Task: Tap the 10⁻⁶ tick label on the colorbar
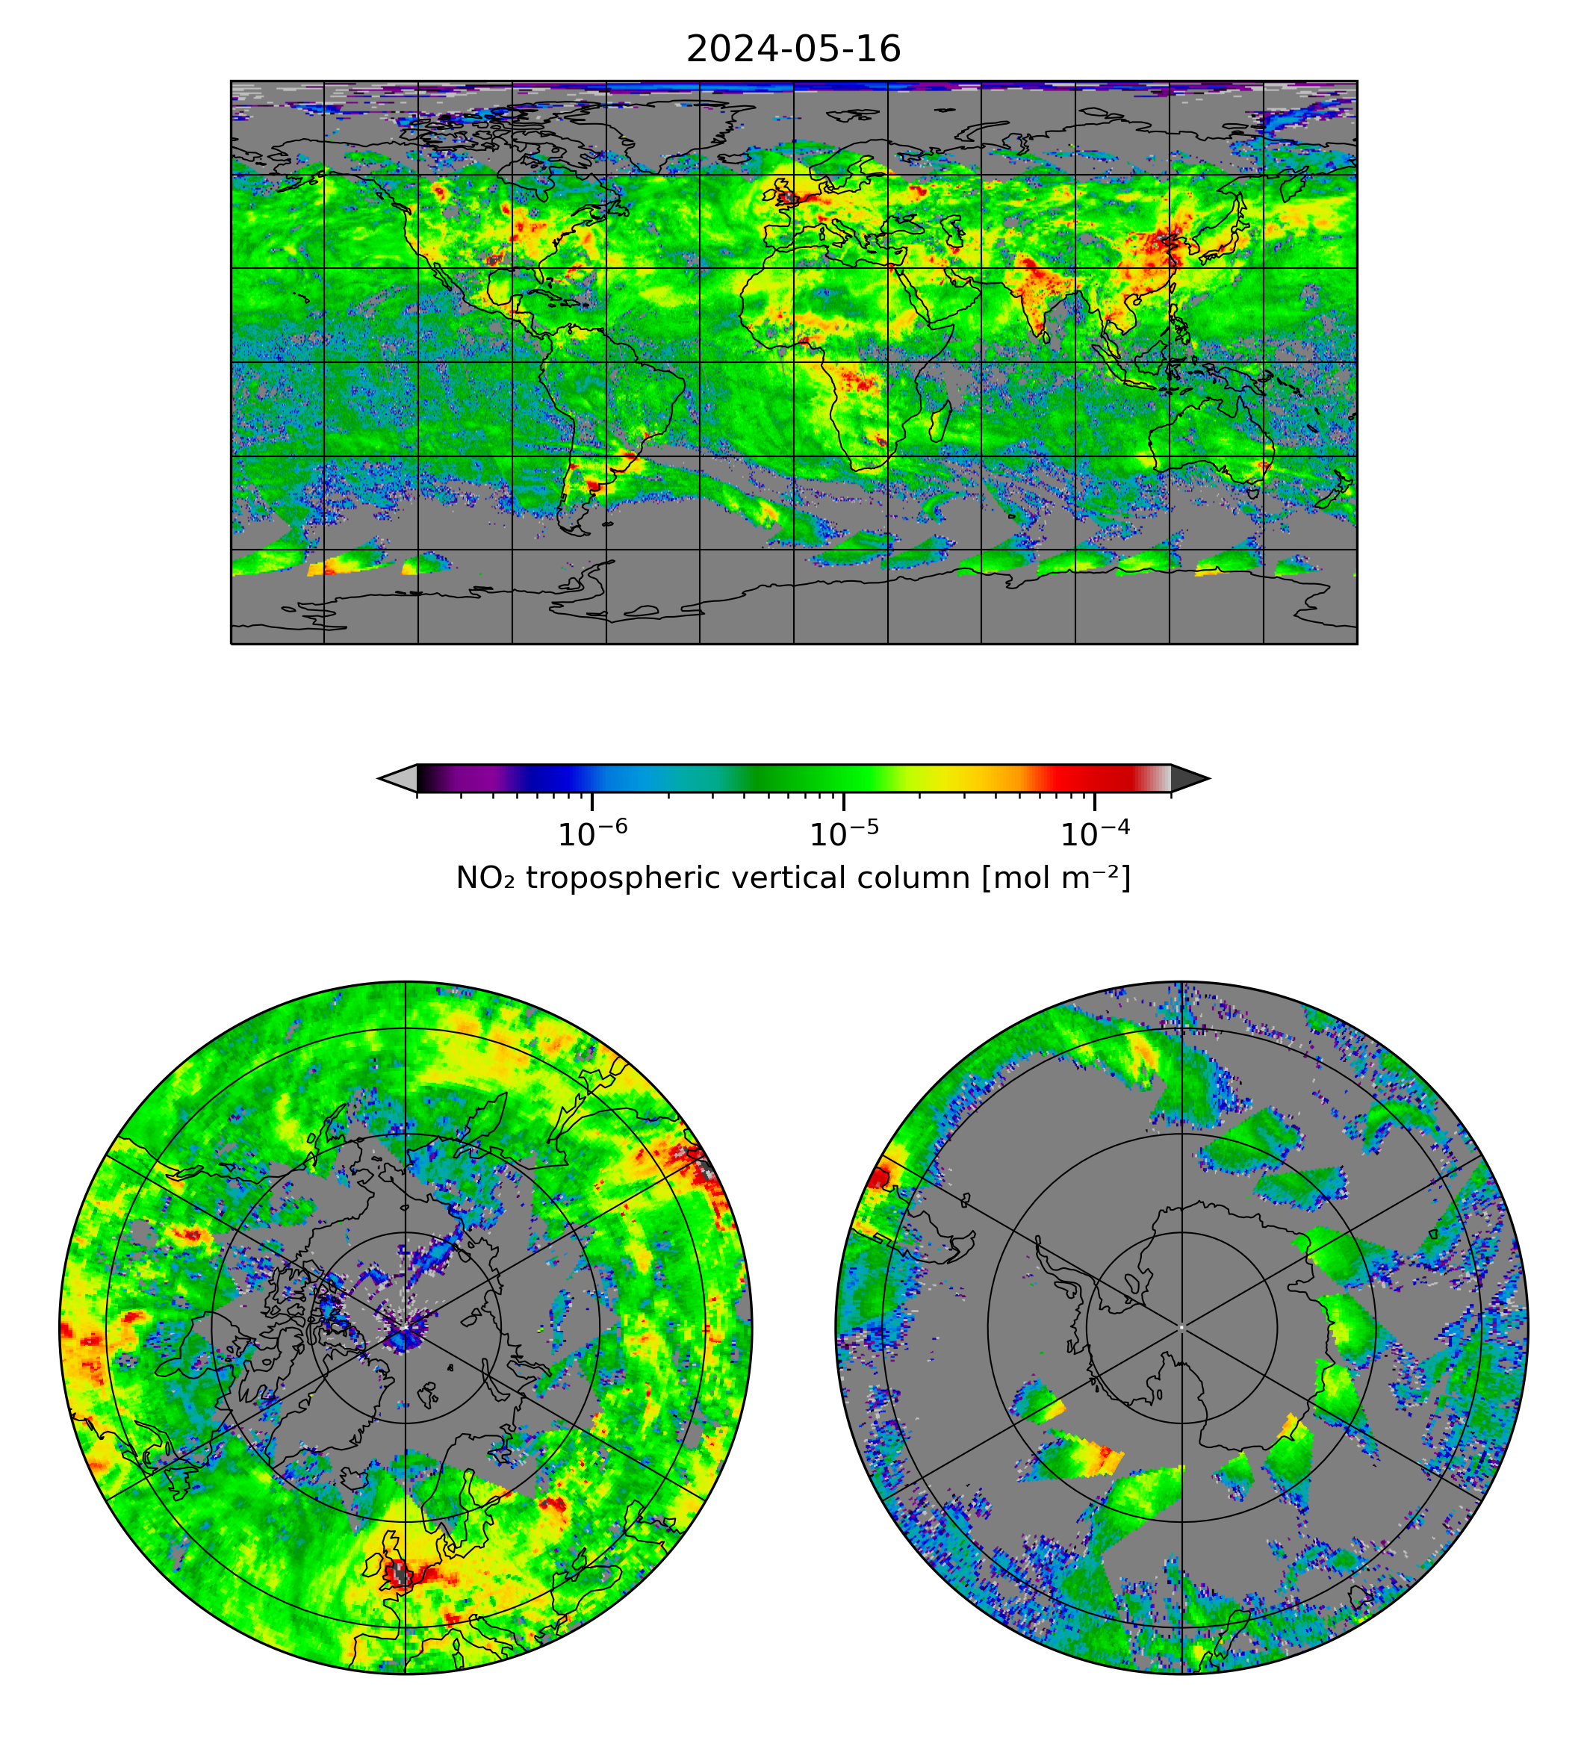point(592,833)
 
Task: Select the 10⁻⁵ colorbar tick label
point(843,833)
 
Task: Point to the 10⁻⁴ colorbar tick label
point(1094,833)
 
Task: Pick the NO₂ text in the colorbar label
point(485,878)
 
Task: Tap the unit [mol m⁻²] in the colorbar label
point(1056,878)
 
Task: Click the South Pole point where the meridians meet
point(1181,1327)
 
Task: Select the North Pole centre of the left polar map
point(406,1327)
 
